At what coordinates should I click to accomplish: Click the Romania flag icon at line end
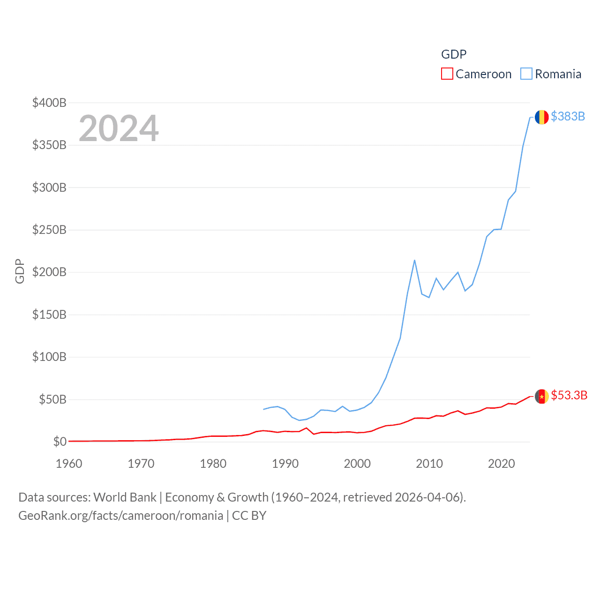pos(541,117)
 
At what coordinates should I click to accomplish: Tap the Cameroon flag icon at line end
pos(541,396)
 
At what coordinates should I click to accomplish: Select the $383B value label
pos(568,116)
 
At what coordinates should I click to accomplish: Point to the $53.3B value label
pos(569,395)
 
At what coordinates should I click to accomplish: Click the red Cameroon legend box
pos(447,74)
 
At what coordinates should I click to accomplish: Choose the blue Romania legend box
pos(526,74)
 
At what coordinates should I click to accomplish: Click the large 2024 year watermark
pos(119,128)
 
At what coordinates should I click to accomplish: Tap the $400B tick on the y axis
pos(49,103)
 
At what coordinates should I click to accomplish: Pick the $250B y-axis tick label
pos(49,230)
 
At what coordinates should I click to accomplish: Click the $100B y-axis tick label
pos(49,357)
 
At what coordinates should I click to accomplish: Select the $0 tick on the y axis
pos(60,442)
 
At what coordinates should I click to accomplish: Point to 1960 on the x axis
pos(69,464)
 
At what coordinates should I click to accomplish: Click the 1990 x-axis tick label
pos(285,464)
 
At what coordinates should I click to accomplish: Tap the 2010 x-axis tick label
pos(429,464)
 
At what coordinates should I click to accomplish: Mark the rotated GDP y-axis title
pos(20,271)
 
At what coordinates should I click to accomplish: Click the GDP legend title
pos(454,54)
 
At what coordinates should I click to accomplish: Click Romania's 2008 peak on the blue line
pos(415,260)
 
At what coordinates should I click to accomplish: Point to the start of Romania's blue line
pos(263,409)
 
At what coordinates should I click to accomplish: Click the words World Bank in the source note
pos(125,497)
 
